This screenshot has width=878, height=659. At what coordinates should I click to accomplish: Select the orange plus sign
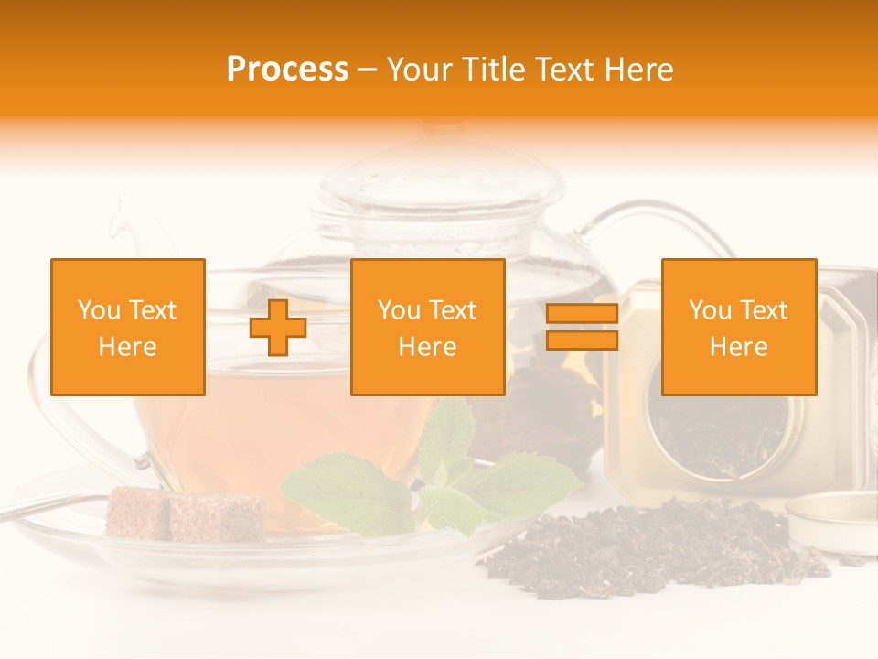pyautogui.click(x=278, y=327)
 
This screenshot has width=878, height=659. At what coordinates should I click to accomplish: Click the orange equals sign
pyautogui.click(x=582, y=327)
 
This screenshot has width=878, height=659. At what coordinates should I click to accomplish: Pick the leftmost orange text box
pyautogui.click(x=127, y=327)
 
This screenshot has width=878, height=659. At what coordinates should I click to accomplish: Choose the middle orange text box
pyautogui.click(x=427, y=327)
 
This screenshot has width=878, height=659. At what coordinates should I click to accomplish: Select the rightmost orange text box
pyautogui.click(x=738, y=327)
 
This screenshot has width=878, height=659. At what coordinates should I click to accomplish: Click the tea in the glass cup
pyautogui.click(x=274, y=439)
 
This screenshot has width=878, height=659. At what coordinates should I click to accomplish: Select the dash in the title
pyautogui.click(x=368, y=70)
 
